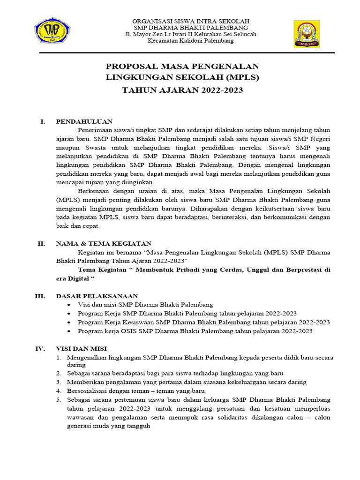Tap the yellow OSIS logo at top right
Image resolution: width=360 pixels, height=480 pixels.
point(307,34)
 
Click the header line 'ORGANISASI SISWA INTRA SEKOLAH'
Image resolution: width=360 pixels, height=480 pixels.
point(191,22)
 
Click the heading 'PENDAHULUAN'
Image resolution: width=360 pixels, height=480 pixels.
point(84,121)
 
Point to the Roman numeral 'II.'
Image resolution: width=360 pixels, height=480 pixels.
point(41,243)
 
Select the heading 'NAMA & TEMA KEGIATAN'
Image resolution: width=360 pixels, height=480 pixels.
point(104,243)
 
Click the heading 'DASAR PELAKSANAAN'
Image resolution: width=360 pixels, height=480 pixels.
point(97,296)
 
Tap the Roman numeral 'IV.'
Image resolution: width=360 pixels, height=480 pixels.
point(40,348)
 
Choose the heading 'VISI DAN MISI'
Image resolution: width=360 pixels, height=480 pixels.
point(82,348)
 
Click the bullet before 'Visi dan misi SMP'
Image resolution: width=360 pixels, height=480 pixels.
point(69,305)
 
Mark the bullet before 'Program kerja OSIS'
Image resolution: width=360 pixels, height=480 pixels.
point(69,331)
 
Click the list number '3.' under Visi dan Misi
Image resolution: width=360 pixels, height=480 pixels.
point(59,382)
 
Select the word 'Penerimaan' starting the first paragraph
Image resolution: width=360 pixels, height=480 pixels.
point(95,130)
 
